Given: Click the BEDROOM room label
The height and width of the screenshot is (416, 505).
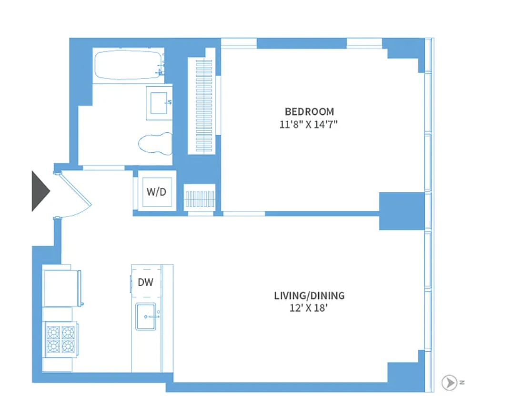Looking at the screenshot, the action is (x=309, y=112).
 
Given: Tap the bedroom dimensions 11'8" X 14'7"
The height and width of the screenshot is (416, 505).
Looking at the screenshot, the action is (x=308, y=124).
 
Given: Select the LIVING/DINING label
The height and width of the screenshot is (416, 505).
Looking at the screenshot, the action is (x=309, y=296).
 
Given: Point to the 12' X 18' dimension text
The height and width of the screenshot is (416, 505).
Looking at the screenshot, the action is (x=308, y=308).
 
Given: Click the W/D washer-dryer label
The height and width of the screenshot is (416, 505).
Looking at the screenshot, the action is (x=157, y=192).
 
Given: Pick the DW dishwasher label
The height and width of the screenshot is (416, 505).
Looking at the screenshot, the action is (x=145, y=282).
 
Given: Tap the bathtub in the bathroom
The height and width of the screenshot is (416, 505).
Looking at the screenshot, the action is (x=129, y=66).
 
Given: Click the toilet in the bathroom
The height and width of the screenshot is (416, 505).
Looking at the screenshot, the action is (x=155, y=143).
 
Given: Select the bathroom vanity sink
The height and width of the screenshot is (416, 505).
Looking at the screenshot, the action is (x=159, y=103).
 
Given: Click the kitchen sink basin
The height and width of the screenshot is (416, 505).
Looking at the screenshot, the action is (x=146, y=317).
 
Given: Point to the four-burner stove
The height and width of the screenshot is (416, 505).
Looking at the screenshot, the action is (x=61, y=339).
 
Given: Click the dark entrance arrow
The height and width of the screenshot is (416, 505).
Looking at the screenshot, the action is (x=40, y=191).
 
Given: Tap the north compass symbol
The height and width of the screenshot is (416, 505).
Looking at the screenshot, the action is (x=449, y=383).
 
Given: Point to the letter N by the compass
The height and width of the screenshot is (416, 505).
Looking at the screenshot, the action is (x=462, y=383).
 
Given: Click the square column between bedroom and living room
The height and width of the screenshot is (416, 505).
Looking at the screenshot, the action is (x=402, y=211).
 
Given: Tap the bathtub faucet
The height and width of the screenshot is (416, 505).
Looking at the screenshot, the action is (x=161, y=69).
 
